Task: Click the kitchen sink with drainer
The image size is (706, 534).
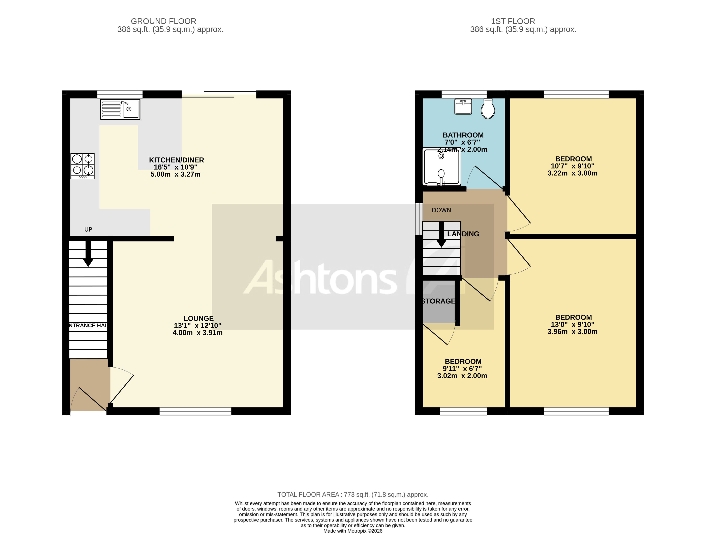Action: (x=120, y=109)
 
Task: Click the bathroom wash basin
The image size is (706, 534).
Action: (x=463, y=107)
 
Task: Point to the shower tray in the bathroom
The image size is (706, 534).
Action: (x=441, y=166)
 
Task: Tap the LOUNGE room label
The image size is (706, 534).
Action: (x=198, y=318)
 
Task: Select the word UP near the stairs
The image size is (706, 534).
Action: (x=88, y=229)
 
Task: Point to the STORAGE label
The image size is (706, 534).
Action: (x=438, y=301)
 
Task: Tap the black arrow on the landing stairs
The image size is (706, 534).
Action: (x=441, y=235)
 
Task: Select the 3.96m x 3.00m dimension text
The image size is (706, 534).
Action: (x=572, y=332)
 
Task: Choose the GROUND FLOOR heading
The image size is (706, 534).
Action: (x=163, y=21)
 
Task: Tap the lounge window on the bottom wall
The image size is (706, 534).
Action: (x=195, y=411)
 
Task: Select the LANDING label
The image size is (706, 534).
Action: (x=463, y=234)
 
